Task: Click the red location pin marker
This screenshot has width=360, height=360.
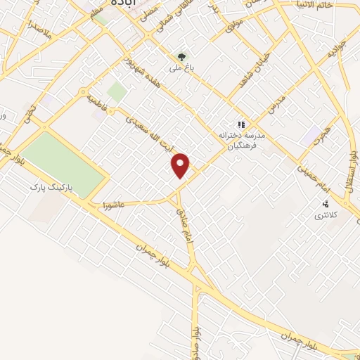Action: (x=181, y=165)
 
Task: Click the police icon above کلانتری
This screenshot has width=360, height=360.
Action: (x=325, y=202)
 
